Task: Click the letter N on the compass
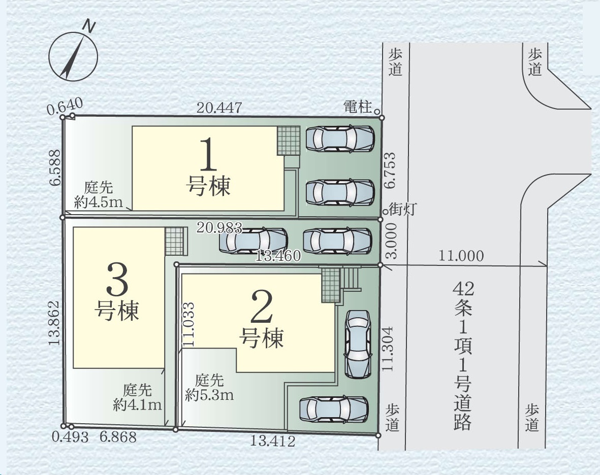(x=90, y=26)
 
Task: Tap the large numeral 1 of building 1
(x=208, y=154)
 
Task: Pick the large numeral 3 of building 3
(x=117, y=279)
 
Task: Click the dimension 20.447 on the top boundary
(x=219, y=108)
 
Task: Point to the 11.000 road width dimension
(x=461, y=255)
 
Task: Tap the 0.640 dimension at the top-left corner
(x=65, y=106)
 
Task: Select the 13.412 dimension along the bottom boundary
(x=273, y=441)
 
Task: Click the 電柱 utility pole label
(x=357, y=107)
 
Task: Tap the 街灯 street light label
(x=402, y=209)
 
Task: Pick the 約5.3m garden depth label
(x=210, y=394)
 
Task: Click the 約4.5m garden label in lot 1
(x=99, y=201)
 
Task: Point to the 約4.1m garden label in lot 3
(x=137, y=404)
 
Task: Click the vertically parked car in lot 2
(x=358, y=344)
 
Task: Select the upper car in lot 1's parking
(x=340, y=139)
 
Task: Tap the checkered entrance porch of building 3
(x=174, y=242)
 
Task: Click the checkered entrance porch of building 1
(x=289, y=141)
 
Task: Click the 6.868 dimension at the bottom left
(x=118, y=436)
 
